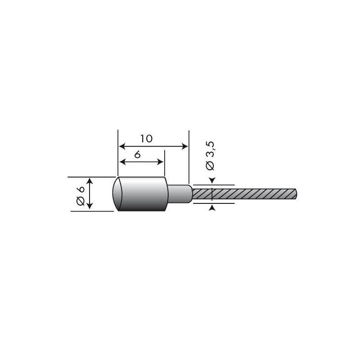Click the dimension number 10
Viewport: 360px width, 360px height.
146,138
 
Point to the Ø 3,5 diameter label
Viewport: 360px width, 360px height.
210,156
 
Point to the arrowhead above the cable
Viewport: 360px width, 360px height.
212,181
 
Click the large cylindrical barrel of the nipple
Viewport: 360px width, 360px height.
144,194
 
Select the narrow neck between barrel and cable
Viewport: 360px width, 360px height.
179,194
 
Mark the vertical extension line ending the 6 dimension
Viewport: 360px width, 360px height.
164,162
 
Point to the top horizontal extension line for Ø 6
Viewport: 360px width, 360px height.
90,176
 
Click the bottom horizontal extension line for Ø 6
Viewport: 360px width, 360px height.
90,211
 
